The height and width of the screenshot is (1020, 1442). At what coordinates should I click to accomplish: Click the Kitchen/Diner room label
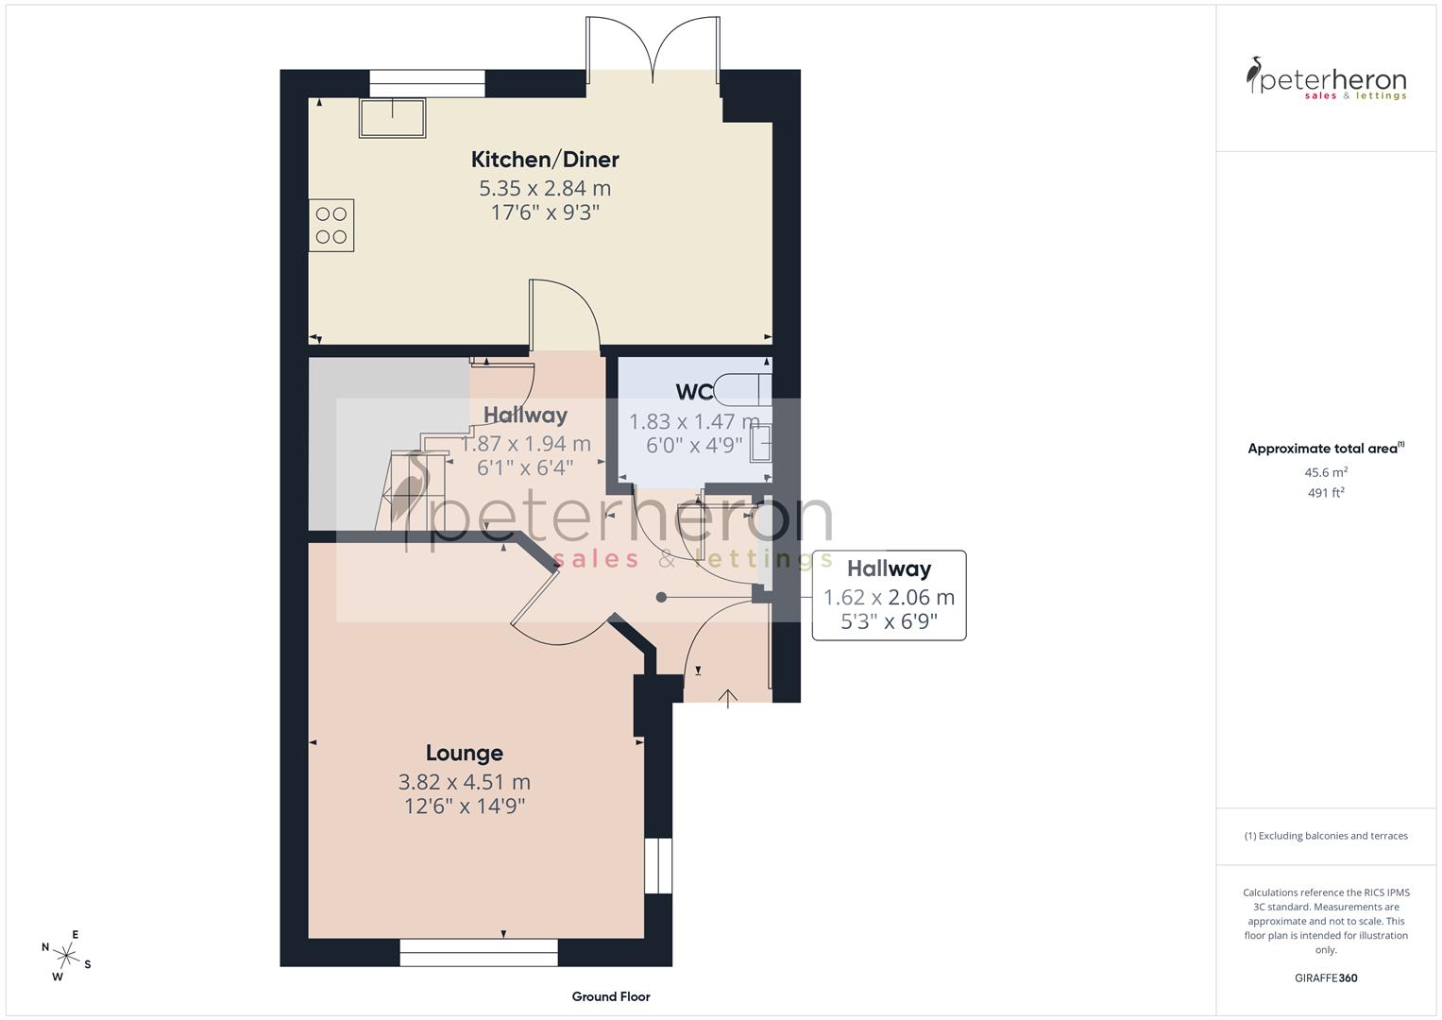click(545, 159)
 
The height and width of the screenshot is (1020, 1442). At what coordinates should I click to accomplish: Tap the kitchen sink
click(392, 117)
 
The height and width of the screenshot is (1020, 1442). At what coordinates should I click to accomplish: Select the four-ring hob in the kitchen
click(331, 225)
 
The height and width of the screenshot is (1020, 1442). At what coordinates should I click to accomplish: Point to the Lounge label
click(464, 753)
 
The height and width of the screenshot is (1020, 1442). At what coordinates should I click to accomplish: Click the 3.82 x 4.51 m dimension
click(464, 782)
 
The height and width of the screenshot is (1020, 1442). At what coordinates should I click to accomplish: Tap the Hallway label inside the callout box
click(889, 569)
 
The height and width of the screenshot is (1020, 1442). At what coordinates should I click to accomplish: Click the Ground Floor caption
click(611, 996)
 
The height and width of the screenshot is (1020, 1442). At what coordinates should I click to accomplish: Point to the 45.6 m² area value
click(1326, 472)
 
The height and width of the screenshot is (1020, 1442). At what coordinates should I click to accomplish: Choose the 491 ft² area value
click(1326, 493)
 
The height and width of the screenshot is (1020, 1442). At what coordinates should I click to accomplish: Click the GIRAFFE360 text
click(1326, 978)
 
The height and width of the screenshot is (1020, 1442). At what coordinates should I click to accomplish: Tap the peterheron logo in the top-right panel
click(1326, 79)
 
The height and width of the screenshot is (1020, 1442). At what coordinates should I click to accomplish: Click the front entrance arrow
click(728, 698)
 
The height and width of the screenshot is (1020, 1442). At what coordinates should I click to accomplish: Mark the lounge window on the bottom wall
click(479, 952)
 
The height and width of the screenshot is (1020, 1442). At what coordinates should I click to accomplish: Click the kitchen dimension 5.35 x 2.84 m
click(545, 188)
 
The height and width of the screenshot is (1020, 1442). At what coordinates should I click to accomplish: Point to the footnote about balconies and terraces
click(1326, 836)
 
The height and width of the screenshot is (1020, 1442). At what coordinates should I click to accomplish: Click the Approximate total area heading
click(1326, 449)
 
